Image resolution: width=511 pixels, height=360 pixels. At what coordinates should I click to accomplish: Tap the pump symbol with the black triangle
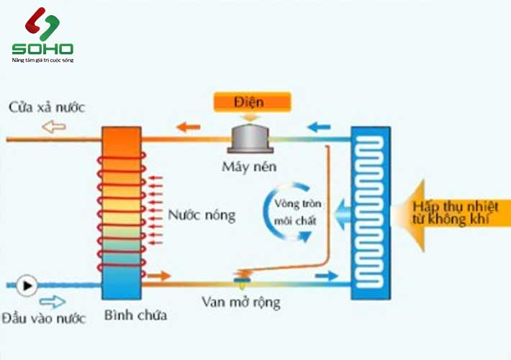tap(27, 285)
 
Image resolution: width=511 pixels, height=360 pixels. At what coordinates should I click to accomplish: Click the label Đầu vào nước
tap(42, 318)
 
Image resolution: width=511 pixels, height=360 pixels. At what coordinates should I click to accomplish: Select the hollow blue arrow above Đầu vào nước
tap(53, 301)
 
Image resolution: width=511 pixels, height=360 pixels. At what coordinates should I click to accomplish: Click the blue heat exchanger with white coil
tap(371, 213)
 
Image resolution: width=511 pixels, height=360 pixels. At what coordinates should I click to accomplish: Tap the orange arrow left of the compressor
tap(189, 127)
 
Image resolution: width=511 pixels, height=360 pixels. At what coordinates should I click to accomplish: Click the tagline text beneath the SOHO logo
tap(42, 60)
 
